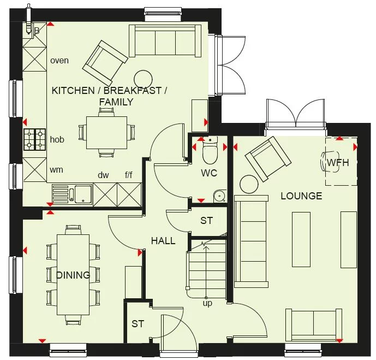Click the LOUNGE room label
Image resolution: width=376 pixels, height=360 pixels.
(x=301, y=196)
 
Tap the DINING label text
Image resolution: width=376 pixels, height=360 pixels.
(x=73, y=275)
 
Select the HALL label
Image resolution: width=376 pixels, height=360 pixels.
(x=163, y=240)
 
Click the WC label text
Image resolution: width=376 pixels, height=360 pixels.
(x=209, y=173)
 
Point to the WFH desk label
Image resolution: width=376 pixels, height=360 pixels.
(x=338, y=162)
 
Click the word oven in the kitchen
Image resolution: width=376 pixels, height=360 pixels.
(x=59, y=60)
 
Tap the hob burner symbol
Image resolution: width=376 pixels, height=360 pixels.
(x=34, y=139)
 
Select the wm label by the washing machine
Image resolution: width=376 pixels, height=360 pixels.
(x=56, y=170)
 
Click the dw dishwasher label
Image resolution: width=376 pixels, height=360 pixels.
(x=104, y=175)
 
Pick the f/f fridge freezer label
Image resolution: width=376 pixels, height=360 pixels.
(x=129, y=175)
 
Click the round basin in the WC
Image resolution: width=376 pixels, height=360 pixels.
(x=220, y=196)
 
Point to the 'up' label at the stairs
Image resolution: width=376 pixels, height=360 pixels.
(x=207, y=302)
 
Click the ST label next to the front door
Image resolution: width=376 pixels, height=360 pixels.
(x=138, y=324)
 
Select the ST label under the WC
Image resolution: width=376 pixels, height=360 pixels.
(x=206, y=221)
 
